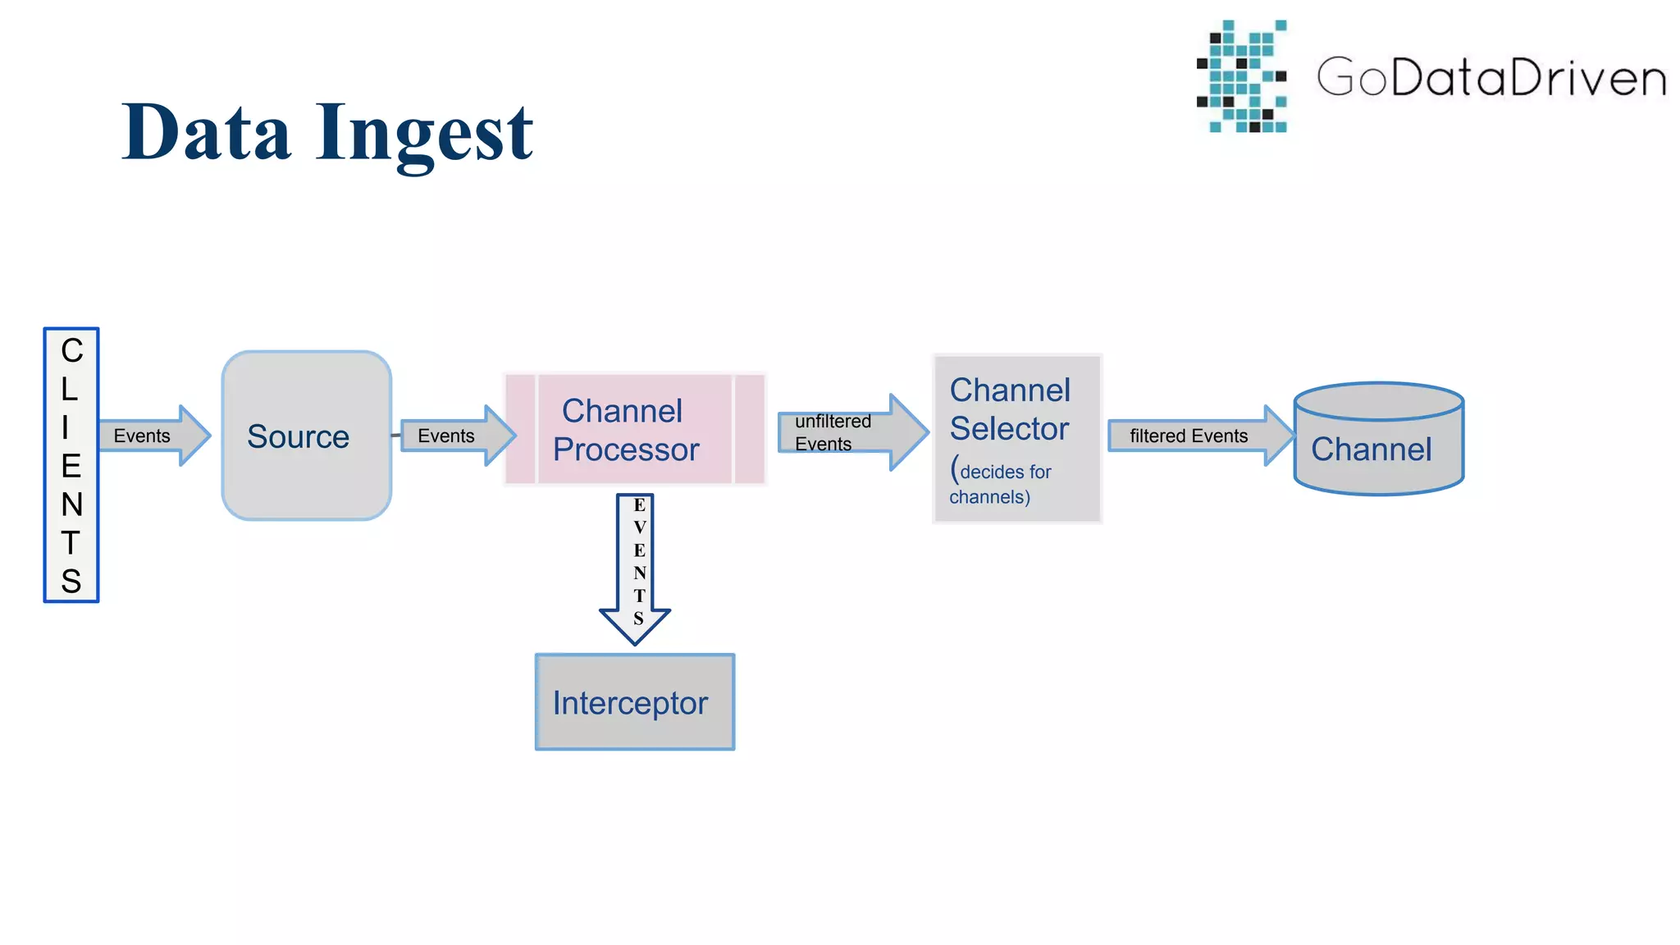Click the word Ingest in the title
(x=424, y=134)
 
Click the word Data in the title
(x=207, y=132)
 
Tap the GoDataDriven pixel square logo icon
(x=1242, y=77)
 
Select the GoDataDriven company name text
(x=1491, y=78)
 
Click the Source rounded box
(x=306, y=436)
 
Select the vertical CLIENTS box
(x=71, y=465)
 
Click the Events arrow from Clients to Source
(x=153, y=436)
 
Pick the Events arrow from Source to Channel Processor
(x=456, y=436)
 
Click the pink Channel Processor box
(x=634, y=429)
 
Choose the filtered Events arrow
(x=1198, y=436)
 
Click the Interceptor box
(x=634, y=702)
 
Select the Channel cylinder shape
(x=1378, y=441)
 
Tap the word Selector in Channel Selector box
(x=1009, y=429)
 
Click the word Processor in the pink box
(x=626, y=450)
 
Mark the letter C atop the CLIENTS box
(x=72, y=351)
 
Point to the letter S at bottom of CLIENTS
(x=71, y=581)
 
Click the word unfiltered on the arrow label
(x=833, y=421)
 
